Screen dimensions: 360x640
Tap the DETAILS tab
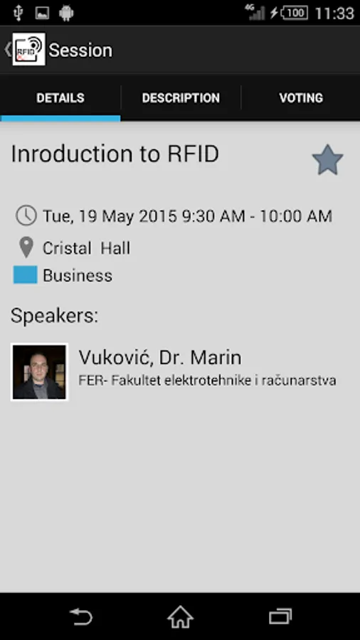(x=60, y=98)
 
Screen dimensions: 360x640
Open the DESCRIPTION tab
(x=181, y=98)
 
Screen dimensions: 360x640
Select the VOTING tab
(x=301, y=98)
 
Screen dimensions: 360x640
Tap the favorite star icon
(x=328, y=160)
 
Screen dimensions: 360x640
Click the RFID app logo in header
(x=28, y=49)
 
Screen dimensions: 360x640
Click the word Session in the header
(x=80, y=50)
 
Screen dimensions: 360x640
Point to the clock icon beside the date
(x=26, y=215)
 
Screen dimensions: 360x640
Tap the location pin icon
(x=26, y=247)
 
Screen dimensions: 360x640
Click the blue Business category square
(x=26, y=274)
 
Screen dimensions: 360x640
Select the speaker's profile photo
(x=39, y=372)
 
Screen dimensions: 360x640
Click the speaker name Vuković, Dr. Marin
(x=160, y=358)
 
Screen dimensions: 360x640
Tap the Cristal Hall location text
(x=87, y=248)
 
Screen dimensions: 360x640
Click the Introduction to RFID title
(x=115, y=154)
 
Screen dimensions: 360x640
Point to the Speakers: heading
(x=54, y=315)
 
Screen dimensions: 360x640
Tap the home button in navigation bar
(x=181, y=617)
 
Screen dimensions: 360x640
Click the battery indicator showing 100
(x=295, y=13)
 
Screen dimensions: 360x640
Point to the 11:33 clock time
(x=334, y=13)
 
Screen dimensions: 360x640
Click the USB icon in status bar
(x=18, y=13)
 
